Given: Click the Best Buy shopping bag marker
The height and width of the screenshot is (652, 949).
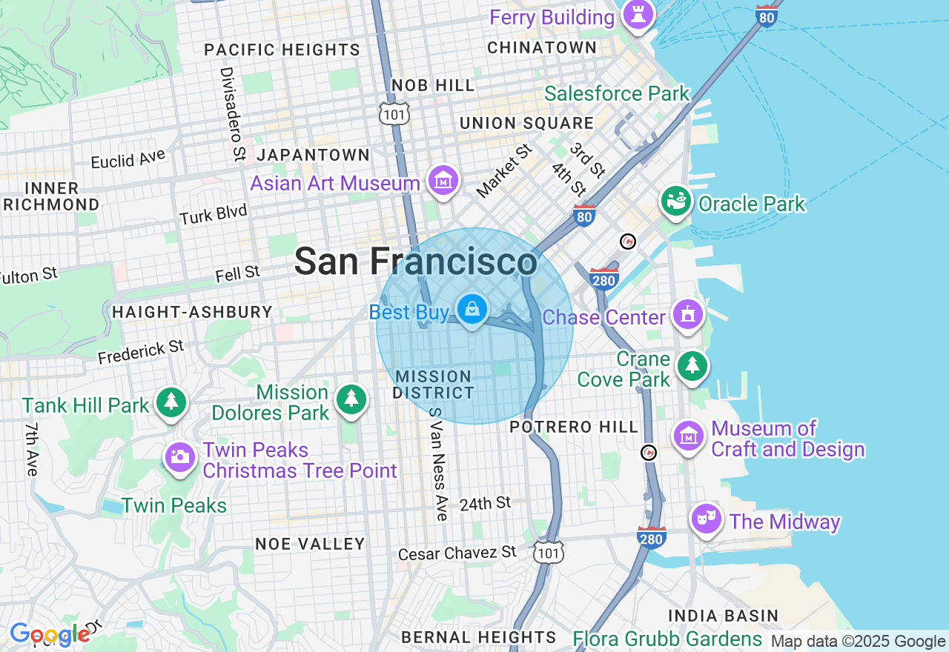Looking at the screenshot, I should pyautogui.click(x=472, y=308).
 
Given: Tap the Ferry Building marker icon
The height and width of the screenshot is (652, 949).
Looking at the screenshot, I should pyautogui.click(x=638, y=13).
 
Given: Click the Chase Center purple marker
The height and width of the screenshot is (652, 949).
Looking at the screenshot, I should pyautogui.click(x=688, y=314).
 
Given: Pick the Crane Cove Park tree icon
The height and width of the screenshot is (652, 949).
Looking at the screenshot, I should pyautogui.click(x=692, y=365).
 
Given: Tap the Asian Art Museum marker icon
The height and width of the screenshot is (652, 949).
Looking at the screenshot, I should pyautogui.click(x=443, y=180).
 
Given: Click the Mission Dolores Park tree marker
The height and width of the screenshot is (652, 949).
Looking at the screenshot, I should pyautogui.click(x=351, y=399).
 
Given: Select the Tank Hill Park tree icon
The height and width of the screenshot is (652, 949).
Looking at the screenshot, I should pyautogui.click(x=171, y=402).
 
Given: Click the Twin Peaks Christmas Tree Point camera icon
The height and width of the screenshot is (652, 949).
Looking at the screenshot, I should pyautogui.click(x=179, y=457).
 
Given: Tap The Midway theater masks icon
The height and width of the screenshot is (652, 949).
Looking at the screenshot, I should pyautogui.click(x=706, y=519).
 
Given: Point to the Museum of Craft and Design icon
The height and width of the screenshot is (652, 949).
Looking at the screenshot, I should pyautogui.click(x=689, y=436).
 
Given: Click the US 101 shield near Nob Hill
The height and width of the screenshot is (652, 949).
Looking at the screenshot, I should pyautogui.click(x=394, y=113).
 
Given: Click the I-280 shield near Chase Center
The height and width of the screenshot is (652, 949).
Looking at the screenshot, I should pyautogui.click(x=604, y=278).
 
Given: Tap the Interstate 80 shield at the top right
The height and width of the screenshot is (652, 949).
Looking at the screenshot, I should pyautogui.click(x=767, y=15).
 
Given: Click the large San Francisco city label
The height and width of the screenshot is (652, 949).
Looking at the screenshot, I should pyautogui.click(x=415, y=262).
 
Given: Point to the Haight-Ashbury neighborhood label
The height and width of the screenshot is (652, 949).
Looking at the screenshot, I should pyautogui.click(x=192, y=312).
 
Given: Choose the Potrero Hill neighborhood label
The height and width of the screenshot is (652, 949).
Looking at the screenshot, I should pyautogui.click(x=574, y=427).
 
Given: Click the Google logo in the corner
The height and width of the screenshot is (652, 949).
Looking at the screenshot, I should pyautogui.click(x=50, y=635).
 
